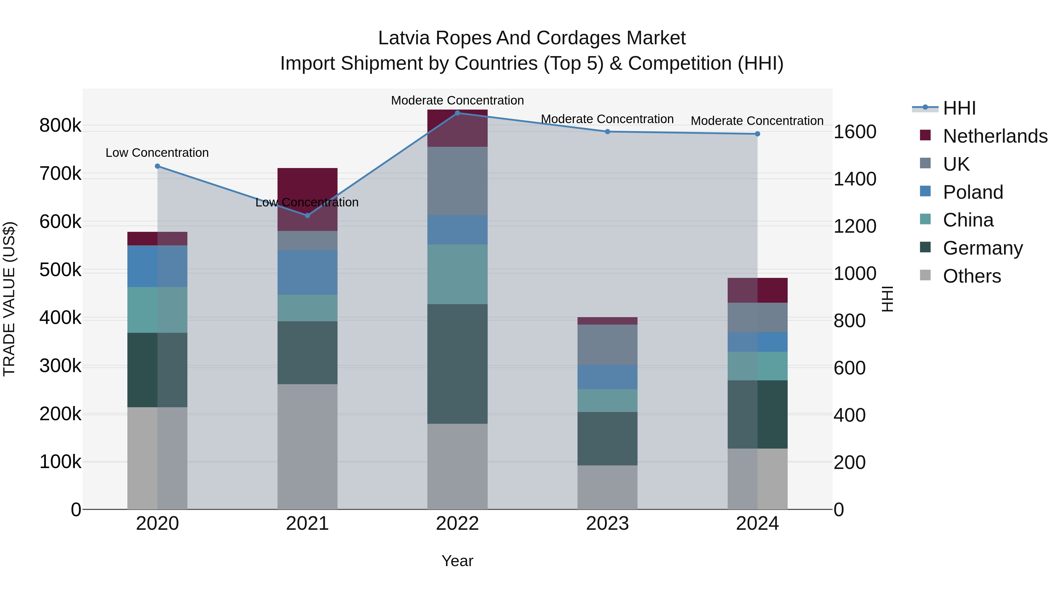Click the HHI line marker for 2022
[457, 113]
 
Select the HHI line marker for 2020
[157, 166]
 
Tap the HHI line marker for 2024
[758, 134]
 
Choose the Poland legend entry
[973, 192]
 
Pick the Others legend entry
[971, 276]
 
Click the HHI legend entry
[959, 108]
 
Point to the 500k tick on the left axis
[60, 270]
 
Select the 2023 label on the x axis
[607, 523]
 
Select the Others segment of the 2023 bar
[607, 487]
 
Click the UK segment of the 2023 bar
[607, 344]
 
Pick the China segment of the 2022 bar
[457, 274]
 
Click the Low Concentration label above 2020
[157, 153]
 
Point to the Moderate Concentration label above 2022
[457, 100]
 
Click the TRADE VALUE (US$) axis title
[9, 299]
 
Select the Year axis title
[457, 561]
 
